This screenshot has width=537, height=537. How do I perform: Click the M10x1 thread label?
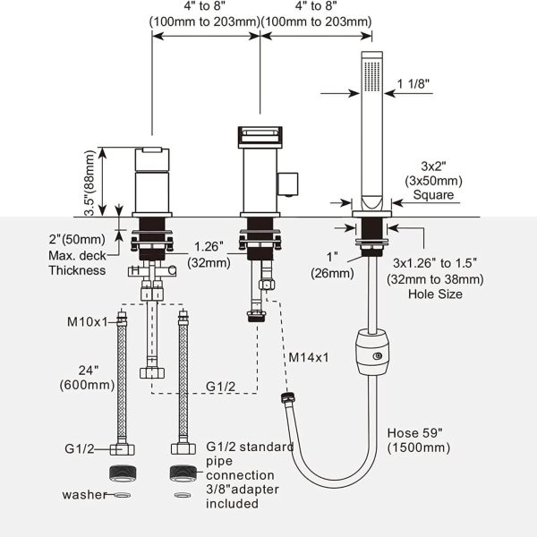pos(88,322)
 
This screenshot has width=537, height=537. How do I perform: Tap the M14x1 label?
pos(309,357)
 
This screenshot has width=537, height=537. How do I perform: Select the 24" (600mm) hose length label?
pos(88,378)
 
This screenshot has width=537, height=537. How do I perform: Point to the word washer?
pos(85,495)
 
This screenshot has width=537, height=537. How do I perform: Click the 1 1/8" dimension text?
pos(413,83)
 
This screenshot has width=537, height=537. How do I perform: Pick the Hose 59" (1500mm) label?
pos(419,440)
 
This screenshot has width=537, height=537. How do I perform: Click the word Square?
pos(433,195)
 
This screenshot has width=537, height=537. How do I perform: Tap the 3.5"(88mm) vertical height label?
pos(89,183)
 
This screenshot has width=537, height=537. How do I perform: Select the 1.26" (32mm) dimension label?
pos(209,254)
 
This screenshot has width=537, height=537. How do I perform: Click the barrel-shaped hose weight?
pos(372,352)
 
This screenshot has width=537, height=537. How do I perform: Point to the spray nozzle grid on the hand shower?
pos(372,76)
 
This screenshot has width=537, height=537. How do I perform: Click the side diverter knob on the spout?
pos(287,184)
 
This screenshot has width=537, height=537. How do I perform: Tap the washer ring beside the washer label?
pos(123,495)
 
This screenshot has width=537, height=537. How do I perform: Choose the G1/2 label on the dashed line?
pos(220,387)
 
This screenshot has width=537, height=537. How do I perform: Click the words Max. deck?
pos(77,255)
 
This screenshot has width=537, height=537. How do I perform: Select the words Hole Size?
pos(435,294)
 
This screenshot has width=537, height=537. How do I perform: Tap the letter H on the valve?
pos(135,270)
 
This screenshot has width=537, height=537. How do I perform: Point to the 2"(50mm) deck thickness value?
pos(77,239)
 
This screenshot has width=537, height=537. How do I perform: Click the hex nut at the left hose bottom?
pos(123,449)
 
